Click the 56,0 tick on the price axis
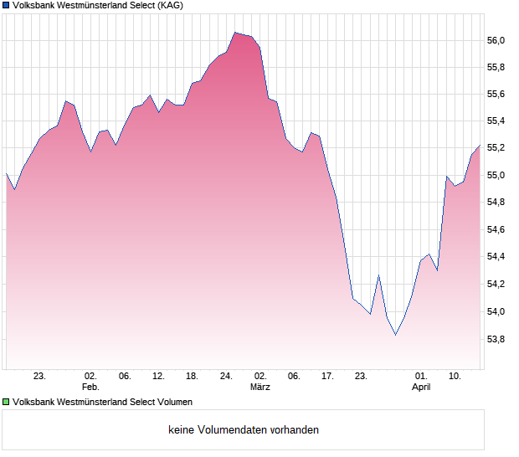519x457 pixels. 496,40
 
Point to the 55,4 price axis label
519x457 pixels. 496,121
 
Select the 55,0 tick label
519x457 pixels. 496,176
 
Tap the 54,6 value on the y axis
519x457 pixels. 496,230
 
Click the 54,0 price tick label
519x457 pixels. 496,312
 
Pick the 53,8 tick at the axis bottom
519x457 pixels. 496,339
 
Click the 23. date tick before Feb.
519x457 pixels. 39,377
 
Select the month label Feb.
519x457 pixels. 90,388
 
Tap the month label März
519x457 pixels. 260,388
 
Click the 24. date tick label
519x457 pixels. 226,377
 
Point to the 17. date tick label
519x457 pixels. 328,377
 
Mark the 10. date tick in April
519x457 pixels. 455,377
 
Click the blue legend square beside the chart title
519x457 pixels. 6,5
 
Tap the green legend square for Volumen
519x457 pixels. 6,402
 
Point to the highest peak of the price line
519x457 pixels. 235,33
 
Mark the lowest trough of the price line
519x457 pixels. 395,335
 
